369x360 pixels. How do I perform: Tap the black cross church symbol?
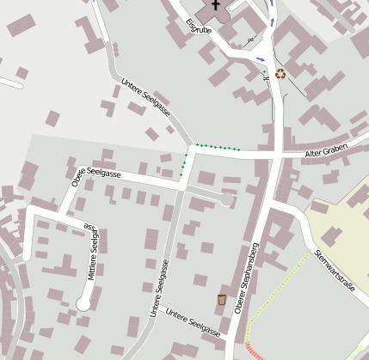pyautogui.click(x=214, y=4)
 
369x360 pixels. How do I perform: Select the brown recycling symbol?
pyautogui.click(x=280, y=74)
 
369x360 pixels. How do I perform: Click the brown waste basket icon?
pyautogui.click(x=222, y=300)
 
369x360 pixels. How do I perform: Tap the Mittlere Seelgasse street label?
pyautogui.click(x=92, y=254)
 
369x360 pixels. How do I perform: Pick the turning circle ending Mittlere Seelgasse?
pyautogui.click(x=83, y=302)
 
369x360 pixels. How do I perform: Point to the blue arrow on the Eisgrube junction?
pyautogui.click(x=261, y=59)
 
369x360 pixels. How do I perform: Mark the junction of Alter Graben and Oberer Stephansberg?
pyautogui.click(x=274, y=154)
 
